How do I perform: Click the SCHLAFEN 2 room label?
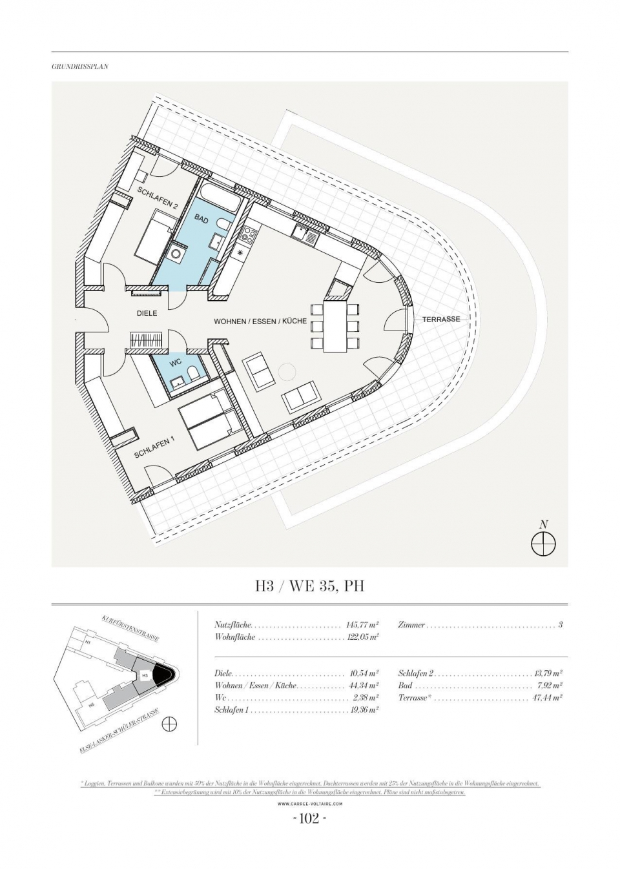tap(157, 198)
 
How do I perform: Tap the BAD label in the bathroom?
tap(201, 220)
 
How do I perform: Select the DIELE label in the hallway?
tap(147, 313)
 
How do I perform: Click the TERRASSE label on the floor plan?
tap(441, 319)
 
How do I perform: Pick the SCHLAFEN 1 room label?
tap(155, 448)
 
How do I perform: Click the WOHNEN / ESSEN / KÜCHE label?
tap(260, 321)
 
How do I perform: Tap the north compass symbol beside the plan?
tap(543, 544)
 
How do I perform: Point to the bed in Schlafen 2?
tap(155, 240)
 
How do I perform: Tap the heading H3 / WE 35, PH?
tap(310, 586)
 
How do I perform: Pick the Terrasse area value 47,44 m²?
tap(547, 698)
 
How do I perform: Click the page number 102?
tap(310, 819)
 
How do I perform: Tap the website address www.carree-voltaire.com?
tap(310, 804)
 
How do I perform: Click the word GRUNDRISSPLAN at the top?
tap(80, 66)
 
